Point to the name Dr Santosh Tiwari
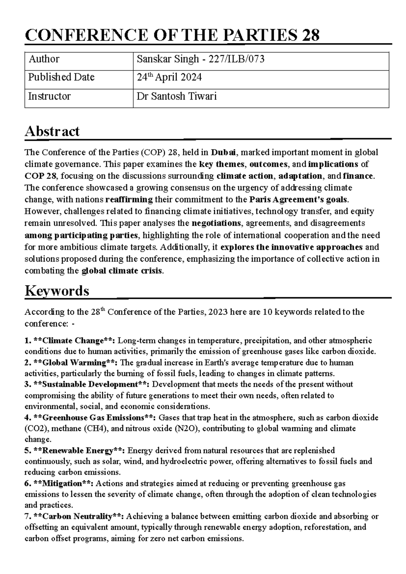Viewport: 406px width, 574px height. tap(176, 96)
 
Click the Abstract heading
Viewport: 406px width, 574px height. tap(52, 131)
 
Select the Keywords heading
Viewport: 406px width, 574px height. tap(57, 291)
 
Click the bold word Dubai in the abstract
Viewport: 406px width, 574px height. tap(224, 152)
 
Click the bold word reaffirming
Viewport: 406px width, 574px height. tap(129, 199)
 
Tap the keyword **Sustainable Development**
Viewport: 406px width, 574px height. tap(92, 384)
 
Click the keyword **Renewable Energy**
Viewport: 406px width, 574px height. tap(80, 451)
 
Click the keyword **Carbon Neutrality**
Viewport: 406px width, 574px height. tap(80, 516)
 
